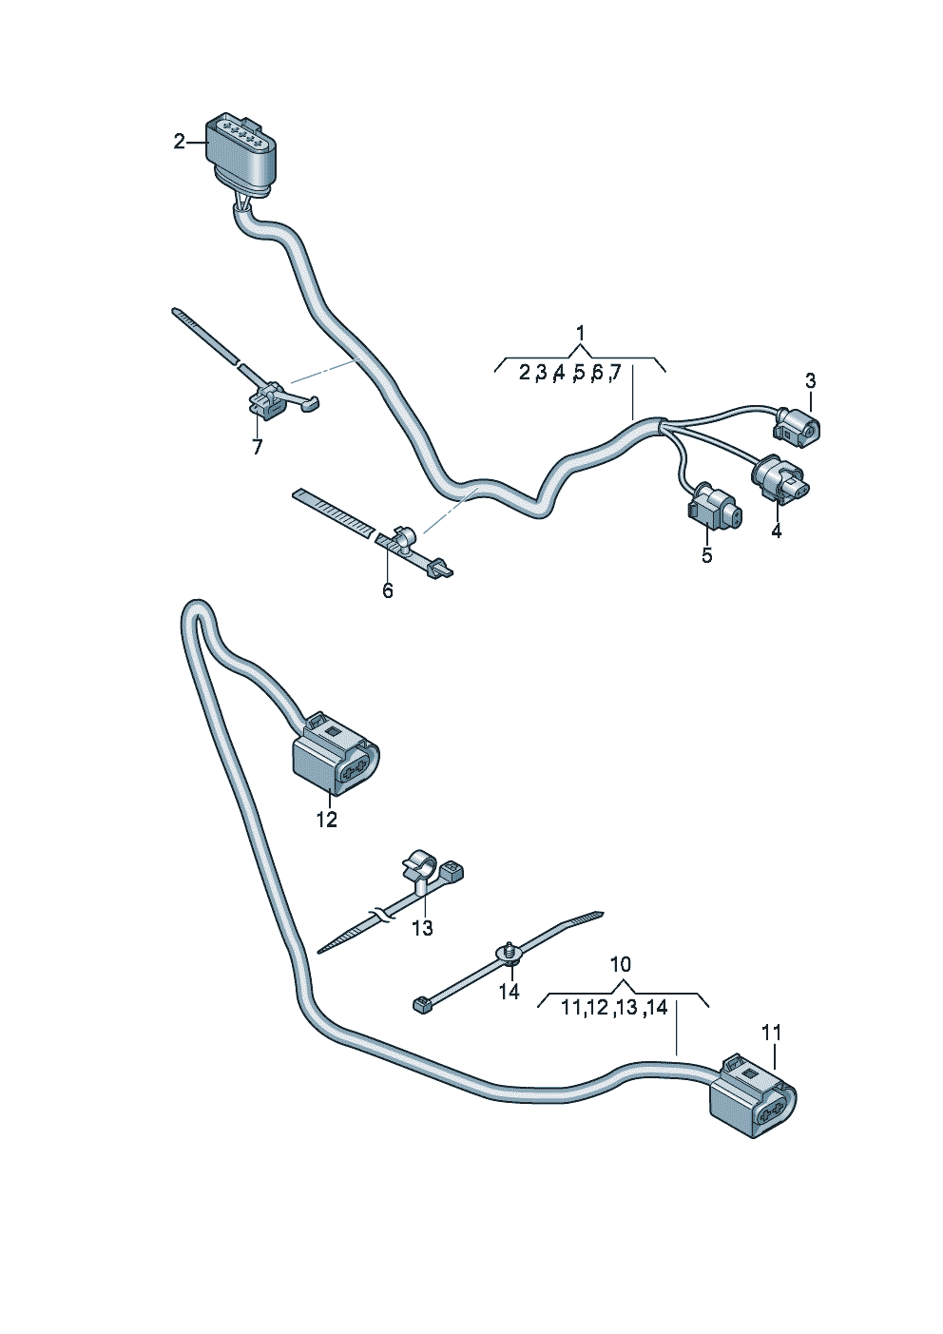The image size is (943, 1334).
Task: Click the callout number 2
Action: click(x=179, y=142)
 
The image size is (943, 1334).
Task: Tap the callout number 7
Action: click(x=257, y=447)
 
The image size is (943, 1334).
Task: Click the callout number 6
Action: click(x=387, y=590)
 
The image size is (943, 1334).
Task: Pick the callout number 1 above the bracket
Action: click(x=580, y=334)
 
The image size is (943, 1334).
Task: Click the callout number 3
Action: click(x=810, y=381)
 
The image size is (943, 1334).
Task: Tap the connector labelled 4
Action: click(x=781, y=477)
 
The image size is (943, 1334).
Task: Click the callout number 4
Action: click(x=777, y=532)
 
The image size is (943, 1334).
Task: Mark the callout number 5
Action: click(x=706, y=555)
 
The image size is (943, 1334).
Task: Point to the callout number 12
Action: click(x=326, y=819)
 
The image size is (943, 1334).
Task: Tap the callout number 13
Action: click(x=422, y=928)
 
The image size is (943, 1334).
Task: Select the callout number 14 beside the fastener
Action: click(x=510, y=992)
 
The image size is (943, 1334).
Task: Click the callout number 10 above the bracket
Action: click(x=620, y=964)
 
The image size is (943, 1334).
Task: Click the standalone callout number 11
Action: click(x=771, y=1032)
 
